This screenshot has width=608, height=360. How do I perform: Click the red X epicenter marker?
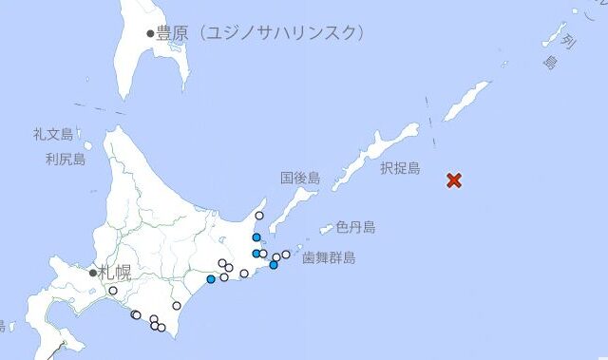click(x=454, y=180)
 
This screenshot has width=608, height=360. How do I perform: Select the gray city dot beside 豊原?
click(x=150, y=33)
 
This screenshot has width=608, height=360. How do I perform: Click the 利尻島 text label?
click(x=65, y=160)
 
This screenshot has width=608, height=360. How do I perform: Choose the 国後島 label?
click(x=300, y=179)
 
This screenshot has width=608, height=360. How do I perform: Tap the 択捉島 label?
click(x=399, y=168)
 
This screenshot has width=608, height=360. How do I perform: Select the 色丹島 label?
click(x=355, y=227)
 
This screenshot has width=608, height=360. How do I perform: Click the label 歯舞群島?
click(x=329, y=257)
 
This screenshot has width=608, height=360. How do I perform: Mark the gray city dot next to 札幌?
click(x=93, y=273)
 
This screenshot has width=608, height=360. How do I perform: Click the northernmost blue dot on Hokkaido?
click(x=256, y=237)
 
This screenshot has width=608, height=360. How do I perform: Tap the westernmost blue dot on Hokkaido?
click(x=211, y=279)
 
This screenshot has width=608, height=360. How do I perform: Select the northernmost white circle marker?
click(x=259, y=216)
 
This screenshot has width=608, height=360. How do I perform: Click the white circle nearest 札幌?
click(x=113, y=291)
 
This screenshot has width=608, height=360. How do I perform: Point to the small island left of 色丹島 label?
click(x=326, y=229)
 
